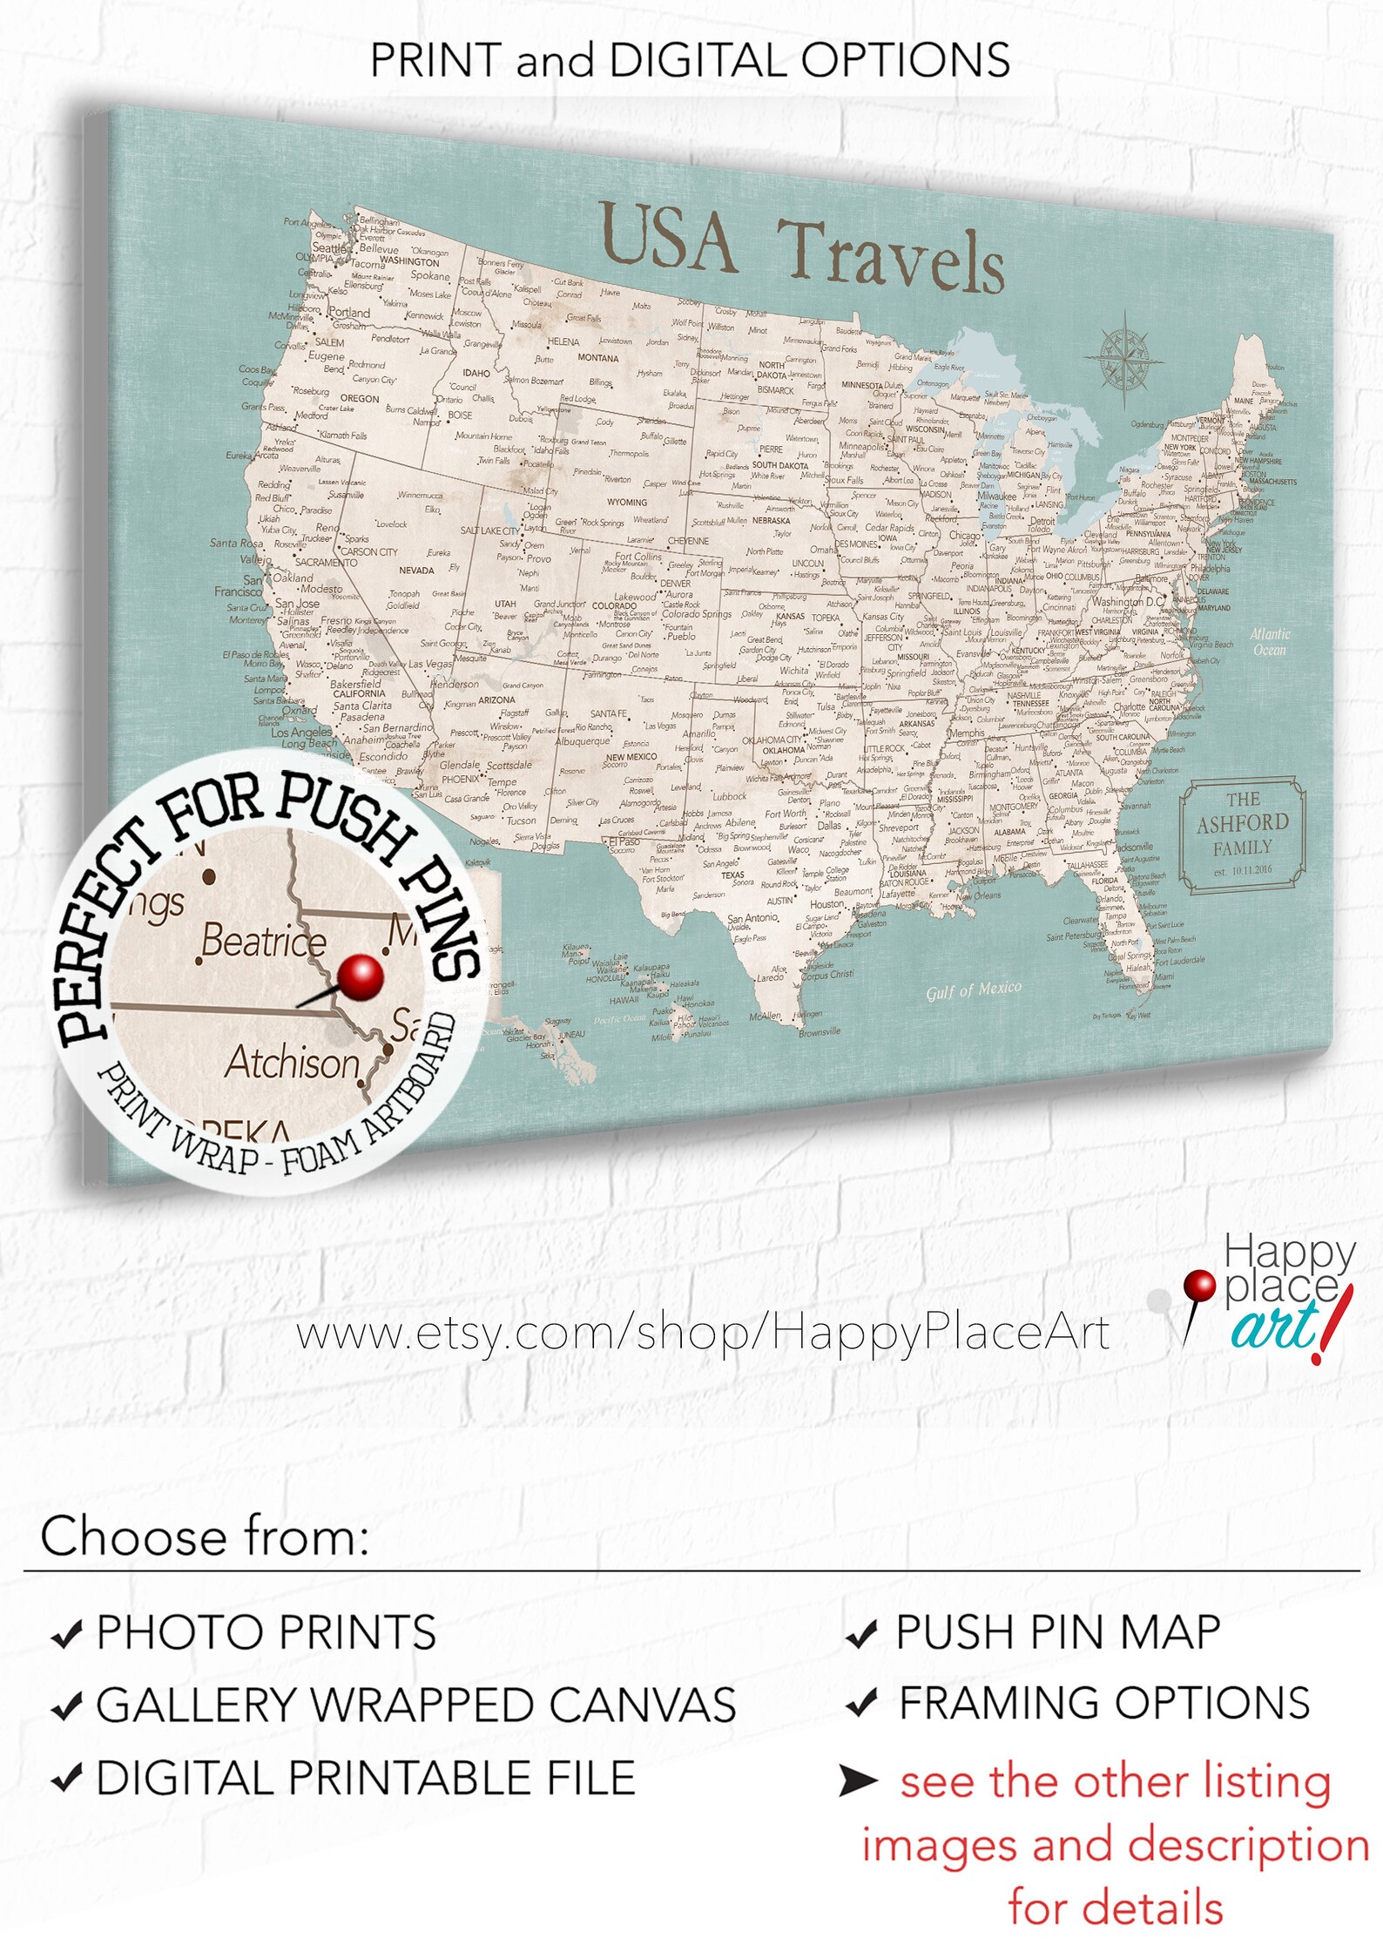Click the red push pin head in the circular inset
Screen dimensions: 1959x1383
[360, 977]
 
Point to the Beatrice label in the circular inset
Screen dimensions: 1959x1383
[263, 942]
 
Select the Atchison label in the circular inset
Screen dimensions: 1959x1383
[292, 1063]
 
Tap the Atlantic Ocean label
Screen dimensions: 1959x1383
[1269, 642]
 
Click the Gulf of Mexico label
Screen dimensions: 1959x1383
[973, 990]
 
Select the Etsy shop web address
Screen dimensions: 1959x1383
[703, 1334]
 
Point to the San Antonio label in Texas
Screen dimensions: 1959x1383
[752, 918]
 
